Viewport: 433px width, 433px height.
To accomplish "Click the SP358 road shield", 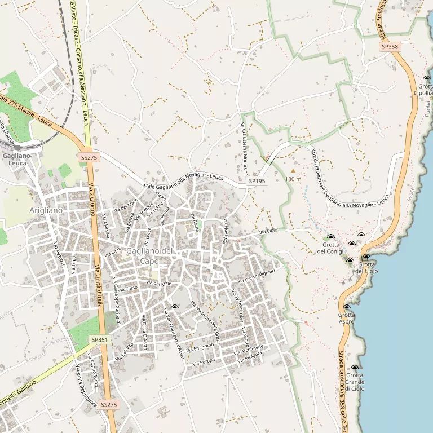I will (x=390, y=47).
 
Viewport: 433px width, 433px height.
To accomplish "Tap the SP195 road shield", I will (x=257, y=182).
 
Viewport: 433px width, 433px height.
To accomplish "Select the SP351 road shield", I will (x=98, y=340).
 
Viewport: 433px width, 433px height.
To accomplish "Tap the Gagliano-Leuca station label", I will (x=15, y=159).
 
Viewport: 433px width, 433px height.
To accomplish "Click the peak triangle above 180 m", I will (x=293, y=170).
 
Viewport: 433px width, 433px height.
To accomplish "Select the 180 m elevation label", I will (x=293, y=179).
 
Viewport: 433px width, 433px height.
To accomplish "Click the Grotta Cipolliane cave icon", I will (x=426, y=79).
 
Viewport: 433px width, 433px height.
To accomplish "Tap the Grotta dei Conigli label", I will (x=331, y=248).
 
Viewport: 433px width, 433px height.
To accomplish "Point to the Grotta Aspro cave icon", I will (x=346, y=308).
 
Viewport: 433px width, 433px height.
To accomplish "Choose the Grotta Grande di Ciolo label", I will (x=355, y=382).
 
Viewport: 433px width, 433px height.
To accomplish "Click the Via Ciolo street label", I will (x=268, y=232).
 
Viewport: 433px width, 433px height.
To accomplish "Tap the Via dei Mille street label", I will (x=158, y=283).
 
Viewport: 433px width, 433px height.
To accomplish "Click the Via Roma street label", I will (x=195, y=222).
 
